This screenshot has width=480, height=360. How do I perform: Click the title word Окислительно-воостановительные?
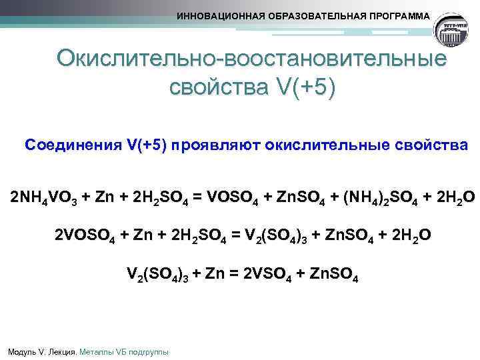[x=251, y=59]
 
